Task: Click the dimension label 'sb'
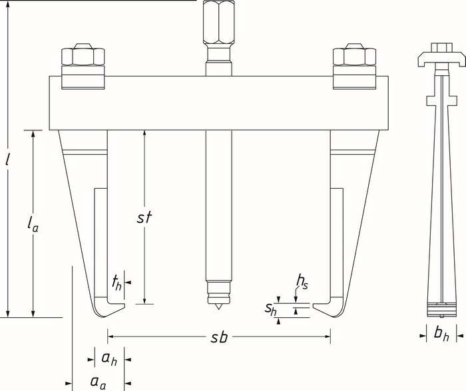[219, 337]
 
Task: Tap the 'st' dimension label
[144, 217]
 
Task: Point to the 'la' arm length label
[33, 224]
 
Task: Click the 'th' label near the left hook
[116, 283]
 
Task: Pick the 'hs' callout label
[302, 282]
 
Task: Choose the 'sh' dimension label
[271, 309]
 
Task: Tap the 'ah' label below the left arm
[109, 358]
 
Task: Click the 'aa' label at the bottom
[98, 382]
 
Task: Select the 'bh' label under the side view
[441, 334]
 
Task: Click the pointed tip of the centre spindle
[218, 309]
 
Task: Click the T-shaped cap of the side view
[441, 59]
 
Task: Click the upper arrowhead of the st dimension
[144, 134]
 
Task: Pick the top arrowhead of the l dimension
[8, 5]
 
